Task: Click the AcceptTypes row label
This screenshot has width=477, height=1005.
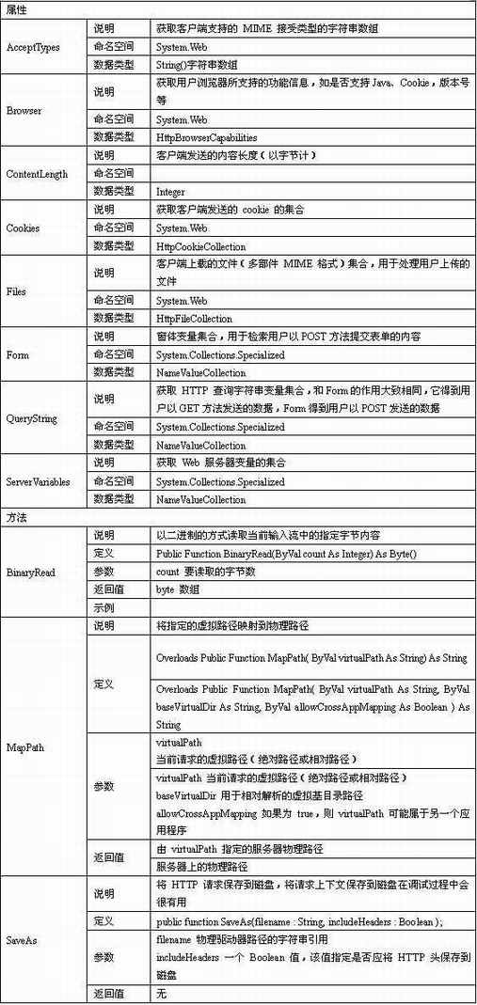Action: coord(33,47)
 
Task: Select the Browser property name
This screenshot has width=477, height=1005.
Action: coord(24,111)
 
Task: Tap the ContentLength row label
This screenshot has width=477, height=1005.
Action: coord(37,174)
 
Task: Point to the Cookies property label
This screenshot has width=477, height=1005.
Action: coord(23,228)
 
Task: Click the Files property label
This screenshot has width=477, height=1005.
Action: coord(16,292)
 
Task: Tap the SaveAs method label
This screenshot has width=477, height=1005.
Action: coord(21,939)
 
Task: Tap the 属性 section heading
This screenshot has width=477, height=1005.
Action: coord(16,8)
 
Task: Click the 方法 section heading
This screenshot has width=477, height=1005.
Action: coord(16,517)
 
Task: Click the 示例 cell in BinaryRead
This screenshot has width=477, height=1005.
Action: coord(103,607)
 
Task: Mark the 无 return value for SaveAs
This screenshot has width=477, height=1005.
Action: coord(161,994)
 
